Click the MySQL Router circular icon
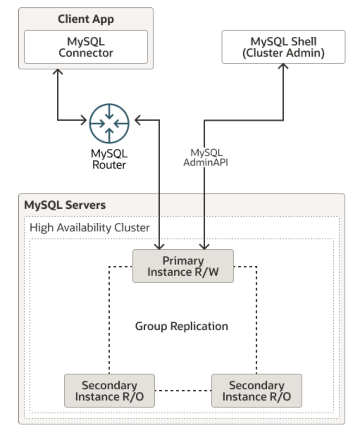coord(109,123)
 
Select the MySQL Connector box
coord(86,47)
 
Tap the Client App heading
coord(86,19)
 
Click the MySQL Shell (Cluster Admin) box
coord(283,47)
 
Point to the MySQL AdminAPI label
coord(206,157)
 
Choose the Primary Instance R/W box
coord(183,266)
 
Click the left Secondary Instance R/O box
coord(109,391)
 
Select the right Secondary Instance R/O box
coord(256,391)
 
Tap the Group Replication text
coord(181,326)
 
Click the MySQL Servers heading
coord(65,205)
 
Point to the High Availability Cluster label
coord(89,228)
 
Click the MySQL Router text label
coord(109,159)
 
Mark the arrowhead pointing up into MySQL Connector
coord(57,71)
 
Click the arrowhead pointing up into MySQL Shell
coord(283,66)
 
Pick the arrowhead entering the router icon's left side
coord(84,120)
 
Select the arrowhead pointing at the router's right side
coord(138,120)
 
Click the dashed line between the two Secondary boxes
coord(183,391)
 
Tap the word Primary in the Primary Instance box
coord(183,261)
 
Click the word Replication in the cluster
coord(199,326)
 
